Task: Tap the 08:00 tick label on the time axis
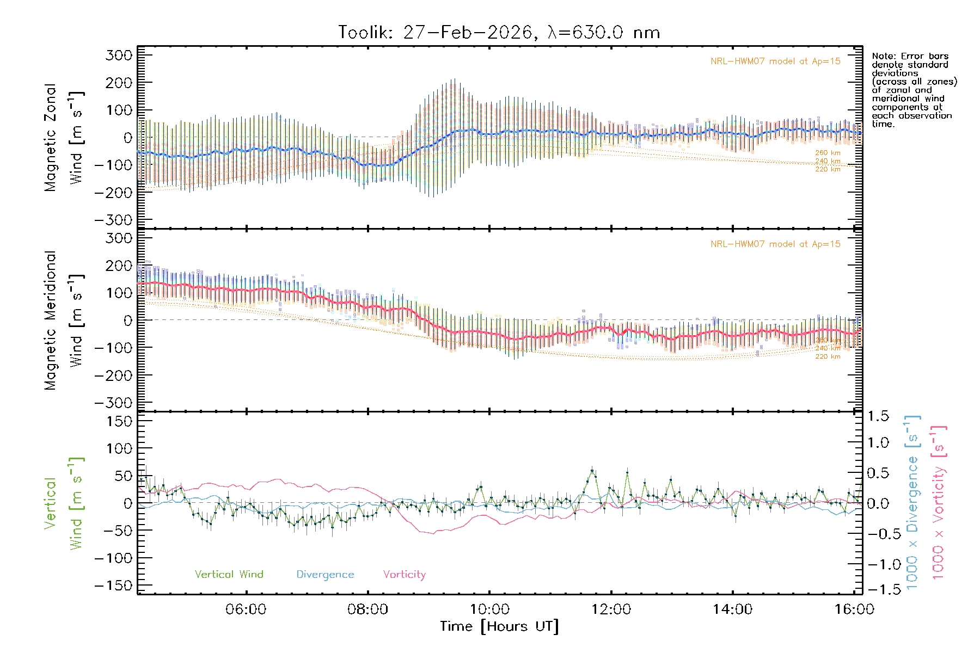367,609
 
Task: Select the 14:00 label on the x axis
732,609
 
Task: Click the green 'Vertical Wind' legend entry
229,575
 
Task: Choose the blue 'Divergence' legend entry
325,575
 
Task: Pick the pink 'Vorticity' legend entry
404,575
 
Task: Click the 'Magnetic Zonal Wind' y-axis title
63,138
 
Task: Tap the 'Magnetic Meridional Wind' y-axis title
63,321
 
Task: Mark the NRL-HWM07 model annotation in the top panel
775,61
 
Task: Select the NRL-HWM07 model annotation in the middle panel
775,244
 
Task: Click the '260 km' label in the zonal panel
828,153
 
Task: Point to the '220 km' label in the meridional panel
828,357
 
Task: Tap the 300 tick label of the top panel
119,55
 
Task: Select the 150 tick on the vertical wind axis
119,421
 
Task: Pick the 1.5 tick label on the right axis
878,416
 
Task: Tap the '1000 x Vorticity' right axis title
938,503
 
